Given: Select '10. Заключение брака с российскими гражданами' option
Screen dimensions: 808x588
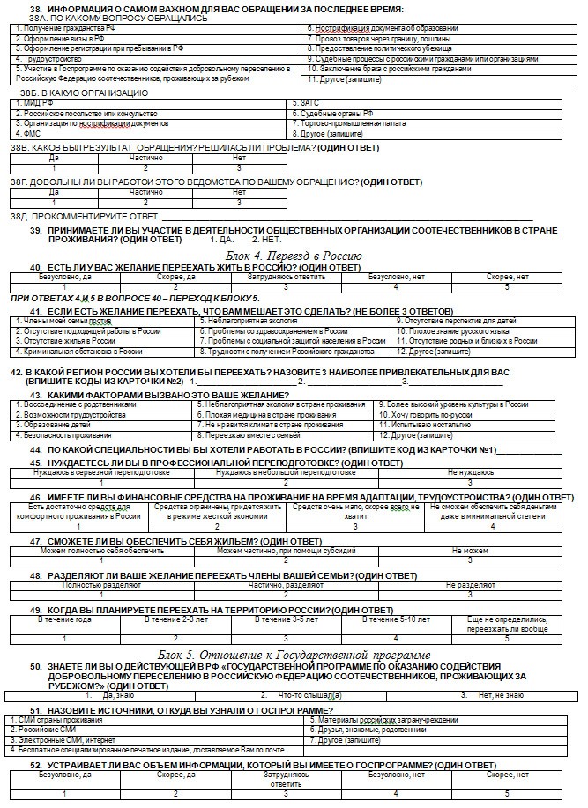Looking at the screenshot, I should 389,69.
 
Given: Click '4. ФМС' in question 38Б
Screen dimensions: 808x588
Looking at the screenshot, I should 28,134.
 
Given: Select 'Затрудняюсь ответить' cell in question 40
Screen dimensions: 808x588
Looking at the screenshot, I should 286,277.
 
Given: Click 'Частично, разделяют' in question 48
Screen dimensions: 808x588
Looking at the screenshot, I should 286,584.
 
